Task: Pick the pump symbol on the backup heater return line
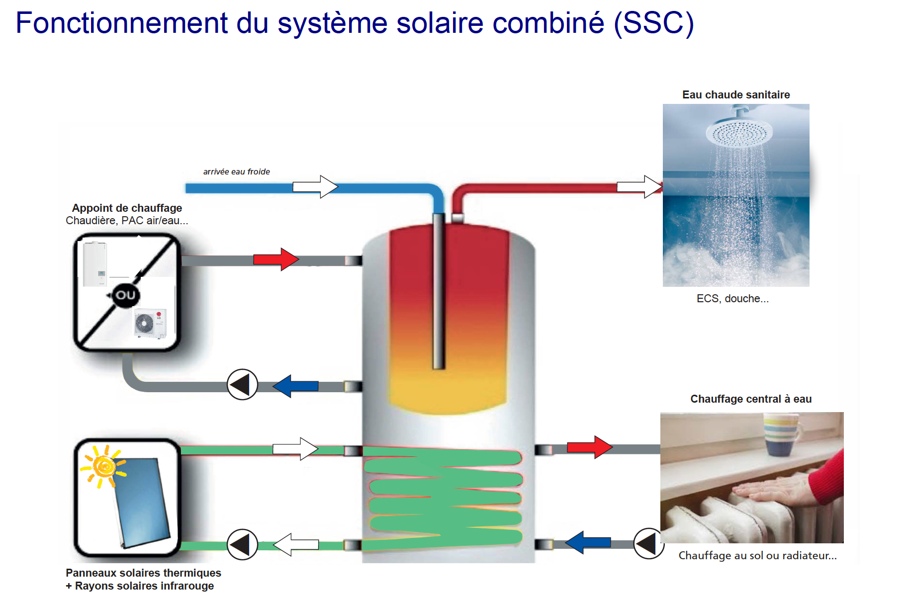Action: click(242, 385)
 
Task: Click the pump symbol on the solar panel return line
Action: click(242, 544)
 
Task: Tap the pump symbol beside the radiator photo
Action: click(648, 543)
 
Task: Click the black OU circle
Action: click(125, 295)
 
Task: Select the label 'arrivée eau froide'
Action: click(236, 171)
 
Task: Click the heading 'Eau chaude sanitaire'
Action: click(736, 94)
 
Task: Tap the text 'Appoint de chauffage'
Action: click(127, 208)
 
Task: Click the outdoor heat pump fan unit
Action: click(150, 323)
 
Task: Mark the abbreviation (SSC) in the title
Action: click(653, 23)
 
